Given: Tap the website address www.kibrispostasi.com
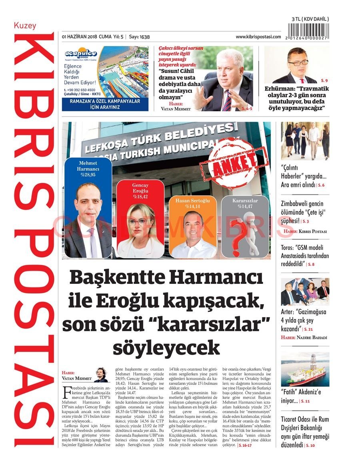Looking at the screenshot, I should tap(258, 37).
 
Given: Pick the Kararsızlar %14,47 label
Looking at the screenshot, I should tap(245, 203).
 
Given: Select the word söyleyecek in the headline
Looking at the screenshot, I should tap(166, 347).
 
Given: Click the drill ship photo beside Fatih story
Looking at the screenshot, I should tap(305, 369).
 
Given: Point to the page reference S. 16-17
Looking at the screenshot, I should tap(245, 445).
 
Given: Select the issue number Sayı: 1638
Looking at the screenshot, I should tap(139, 37).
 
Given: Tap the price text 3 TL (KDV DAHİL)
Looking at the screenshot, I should tap(310, 19).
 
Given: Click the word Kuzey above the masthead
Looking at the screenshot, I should tap(25, 26).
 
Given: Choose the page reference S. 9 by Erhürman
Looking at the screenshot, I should tap(323, 81).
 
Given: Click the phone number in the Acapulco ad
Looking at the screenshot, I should tap(80, 90).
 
